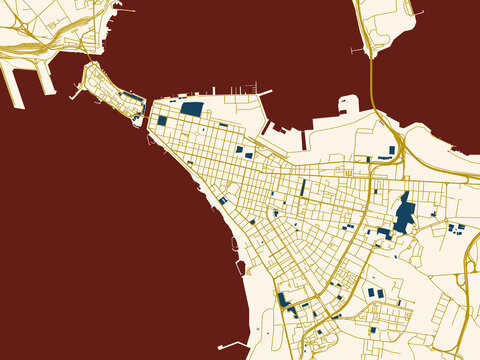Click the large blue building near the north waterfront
(x=191, y=110)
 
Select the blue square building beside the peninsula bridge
(x=162, y=120)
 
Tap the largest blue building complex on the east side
(x=404, y=214)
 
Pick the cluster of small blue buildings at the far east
(x=457, y=229)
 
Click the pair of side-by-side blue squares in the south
(x=375, y=293)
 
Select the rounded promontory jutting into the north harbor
(x=349, y=103)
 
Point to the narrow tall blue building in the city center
(x=303, y=187)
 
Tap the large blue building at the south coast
(x=285, y=299)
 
